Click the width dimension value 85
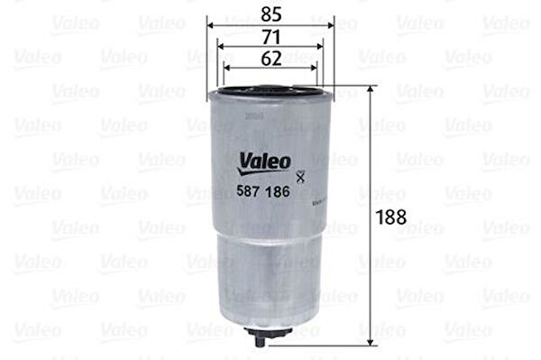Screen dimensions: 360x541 tap(270, 15)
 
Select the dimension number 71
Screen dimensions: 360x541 tap(270, 36)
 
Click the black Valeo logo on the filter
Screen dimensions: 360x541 tap(264, 162)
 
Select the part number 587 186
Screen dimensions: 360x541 tap(264, 191)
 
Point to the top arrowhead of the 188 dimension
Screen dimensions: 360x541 tap(370, 90)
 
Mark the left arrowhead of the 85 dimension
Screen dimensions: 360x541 tap(211, 26)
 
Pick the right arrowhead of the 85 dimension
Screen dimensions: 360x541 tap(331, 26)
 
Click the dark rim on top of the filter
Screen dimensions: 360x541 tap(270, 90)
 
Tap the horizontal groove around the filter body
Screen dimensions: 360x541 tap(270, 236)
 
